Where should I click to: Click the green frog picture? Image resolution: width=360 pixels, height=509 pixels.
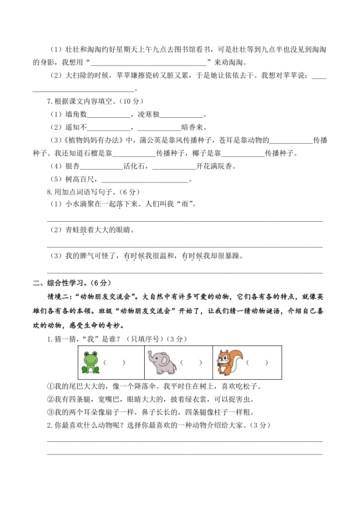(91, 362)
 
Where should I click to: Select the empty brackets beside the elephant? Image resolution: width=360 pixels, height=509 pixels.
(191, 363)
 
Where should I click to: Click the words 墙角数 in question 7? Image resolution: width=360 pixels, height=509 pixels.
(76, 114)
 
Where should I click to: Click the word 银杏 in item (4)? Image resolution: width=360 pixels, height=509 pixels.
(72, 166)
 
